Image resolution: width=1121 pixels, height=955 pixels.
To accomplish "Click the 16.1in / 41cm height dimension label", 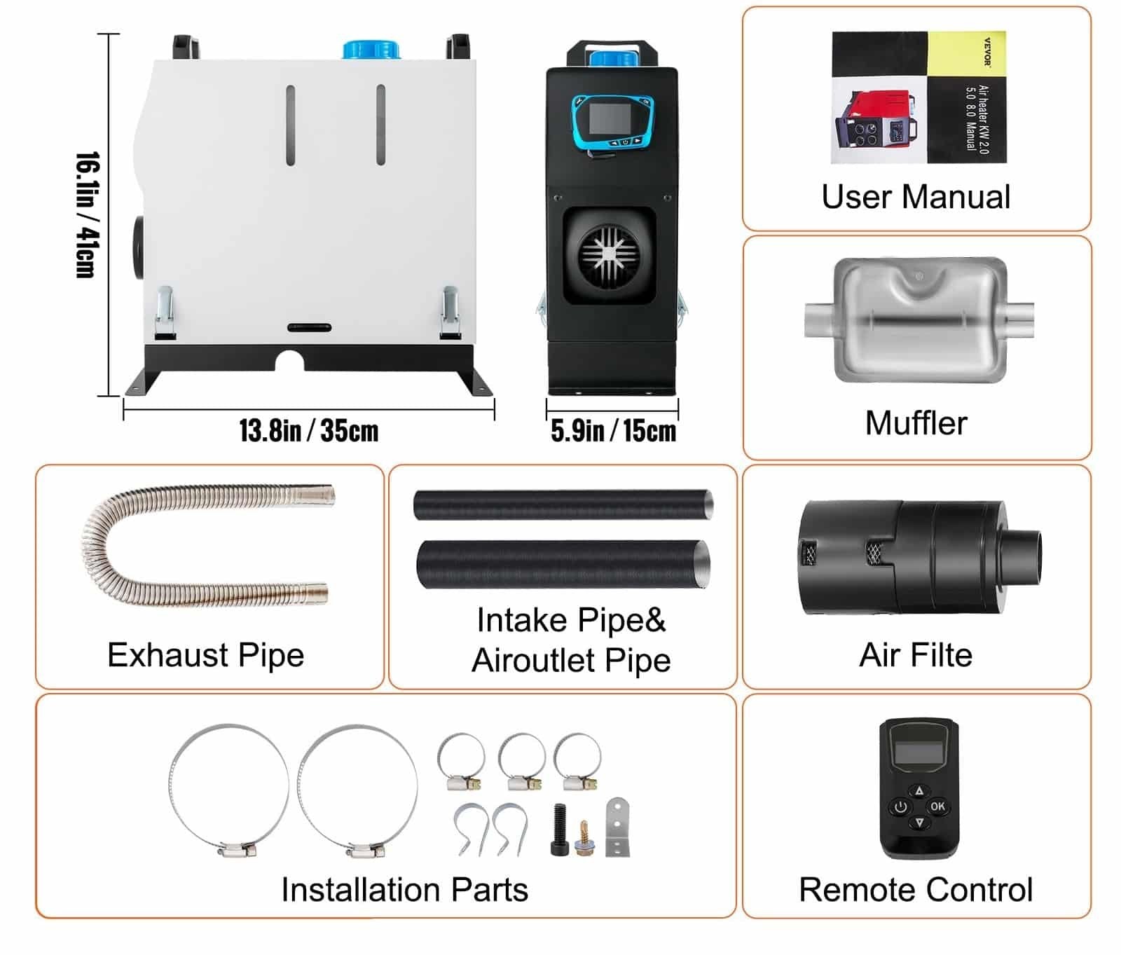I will click(88, 215).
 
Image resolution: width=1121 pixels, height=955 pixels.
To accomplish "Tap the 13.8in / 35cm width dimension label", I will click(308, 430).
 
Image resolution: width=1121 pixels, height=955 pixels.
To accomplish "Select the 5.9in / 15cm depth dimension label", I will click(613, 431).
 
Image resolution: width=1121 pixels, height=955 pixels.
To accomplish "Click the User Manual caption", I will click(916, 197).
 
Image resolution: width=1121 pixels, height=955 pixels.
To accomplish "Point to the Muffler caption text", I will click(916, 423).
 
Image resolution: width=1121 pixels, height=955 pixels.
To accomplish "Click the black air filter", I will click(918, 558).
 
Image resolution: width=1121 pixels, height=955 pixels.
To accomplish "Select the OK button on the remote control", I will click(937, 806).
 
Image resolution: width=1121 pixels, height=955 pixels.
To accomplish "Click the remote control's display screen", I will click(919, 753).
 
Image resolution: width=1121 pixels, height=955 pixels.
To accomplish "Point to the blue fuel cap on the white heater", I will click(371, 49).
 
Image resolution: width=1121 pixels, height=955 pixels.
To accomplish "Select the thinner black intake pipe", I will click(563, 504).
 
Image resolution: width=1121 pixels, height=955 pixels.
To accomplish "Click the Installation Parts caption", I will click(404, 890).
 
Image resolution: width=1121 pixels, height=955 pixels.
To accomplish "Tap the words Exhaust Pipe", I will click(206, 655).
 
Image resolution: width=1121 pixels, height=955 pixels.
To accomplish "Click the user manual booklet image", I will click(919, 97).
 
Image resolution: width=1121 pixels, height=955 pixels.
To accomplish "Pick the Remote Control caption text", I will click(916, 890).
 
